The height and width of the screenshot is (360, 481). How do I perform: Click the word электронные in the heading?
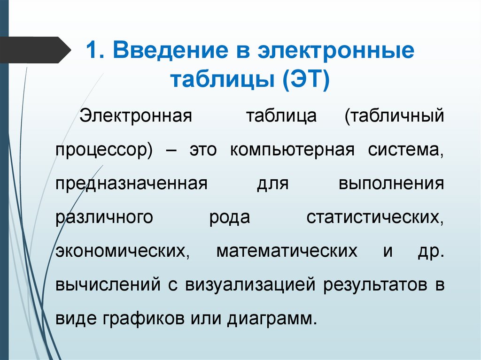point(338,51)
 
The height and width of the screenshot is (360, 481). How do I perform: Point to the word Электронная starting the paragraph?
point(136,115)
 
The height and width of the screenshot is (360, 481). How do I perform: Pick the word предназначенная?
point(132,183)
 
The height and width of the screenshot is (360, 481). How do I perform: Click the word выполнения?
point(391,183)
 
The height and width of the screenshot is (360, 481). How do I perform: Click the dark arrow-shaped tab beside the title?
point(33,50)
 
